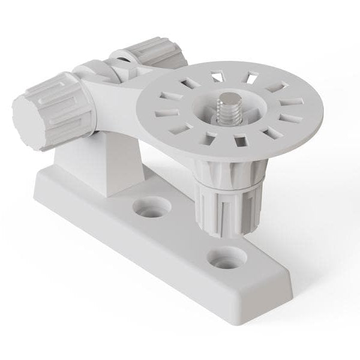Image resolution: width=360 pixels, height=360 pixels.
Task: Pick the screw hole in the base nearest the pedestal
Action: pos(151,208)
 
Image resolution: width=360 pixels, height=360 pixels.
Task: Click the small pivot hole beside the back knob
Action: pos(125,58)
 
